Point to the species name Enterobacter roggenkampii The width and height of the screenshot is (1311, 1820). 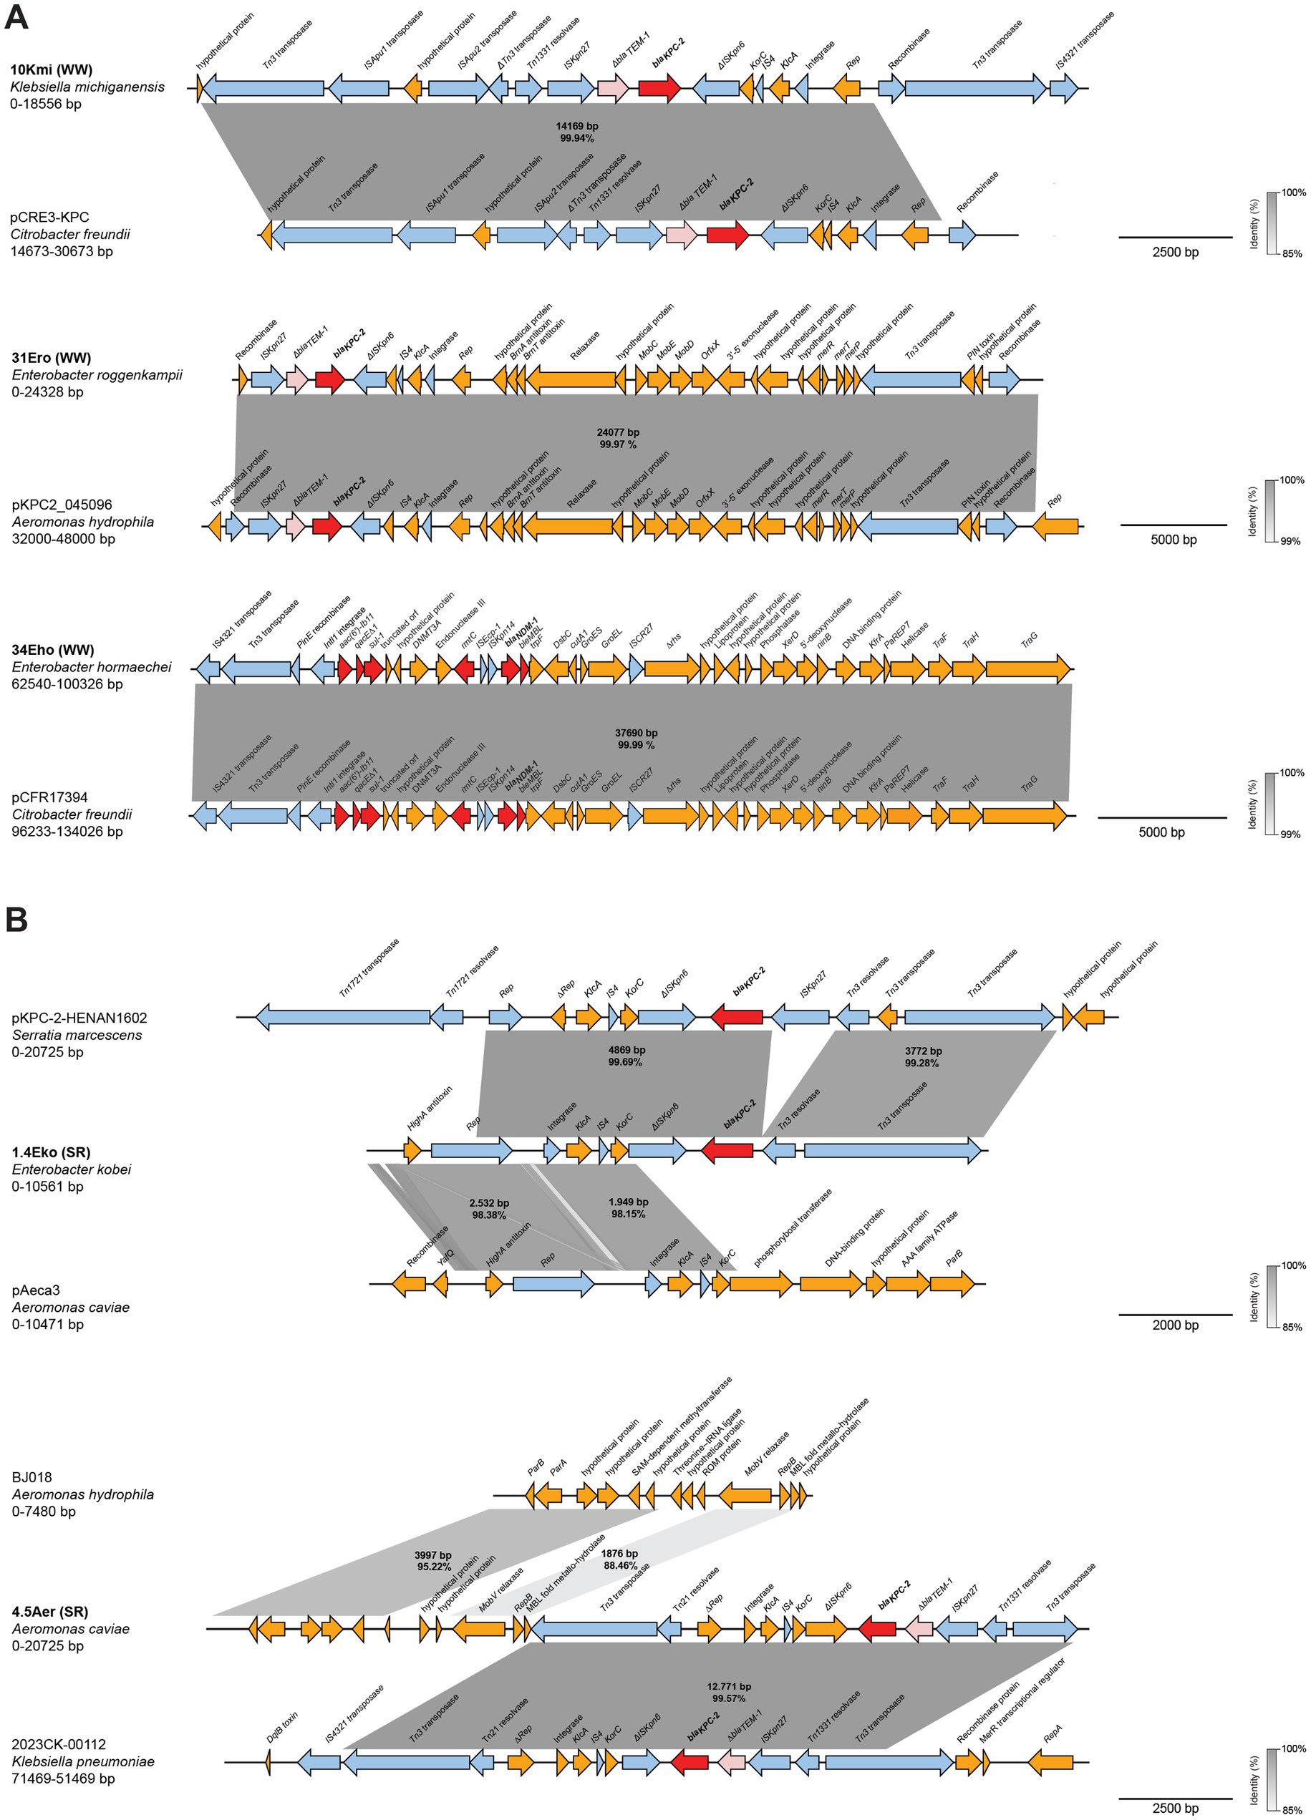(x=97, y=375)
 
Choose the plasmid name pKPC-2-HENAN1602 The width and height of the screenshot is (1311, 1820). (x=79, y=1018)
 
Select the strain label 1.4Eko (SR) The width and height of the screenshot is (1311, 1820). (x=51, y=1152)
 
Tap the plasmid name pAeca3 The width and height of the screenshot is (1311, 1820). (x=35, y=1290)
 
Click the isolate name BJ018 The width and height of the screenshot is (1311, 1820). (x=32, y=1477)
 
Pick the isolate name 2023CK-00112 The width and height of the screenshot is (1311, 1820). (x=59, y=1743)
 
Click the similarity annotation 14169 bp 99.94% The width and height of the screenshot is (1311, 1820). (x=576, y=132)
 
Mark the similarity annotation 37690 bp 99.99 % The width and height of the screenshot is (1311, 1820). (x=636, y=739)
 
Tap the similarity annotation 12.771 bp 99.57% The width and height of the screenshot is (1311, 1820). (x=728, y=1693)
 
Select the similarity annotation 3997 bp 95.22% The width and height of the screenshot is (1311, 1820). (x=433, y=1561)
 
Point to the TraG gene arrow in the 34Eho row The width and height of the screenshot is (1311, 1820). (x=1027, y=668)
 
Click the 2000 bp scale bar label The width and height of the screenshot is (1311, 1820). (x=1174, y=1325)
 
